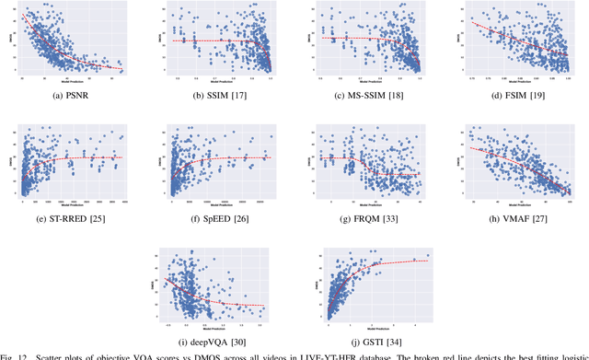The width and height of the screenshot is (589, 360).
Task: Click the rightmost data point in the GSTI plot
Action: pyautogui.click(x=426, y=255)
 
